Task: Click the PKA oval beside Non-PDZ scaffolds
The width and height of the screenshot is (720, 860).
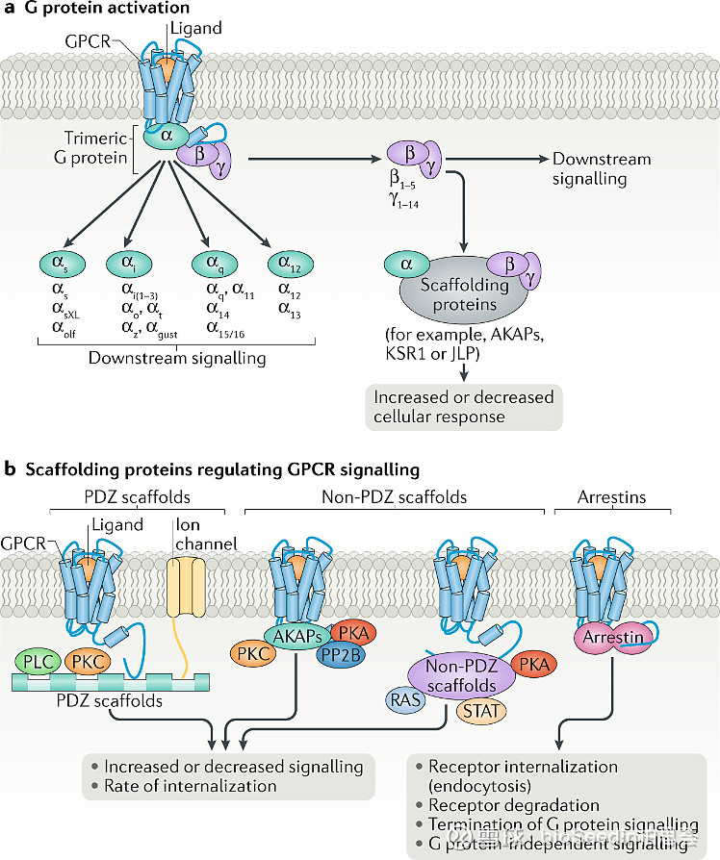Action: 539,665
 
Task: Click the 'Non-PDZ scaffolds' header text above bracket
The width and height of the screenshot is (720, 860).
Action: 393,497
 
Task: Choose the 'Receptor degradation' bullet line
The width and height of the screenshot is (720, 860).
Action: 513,804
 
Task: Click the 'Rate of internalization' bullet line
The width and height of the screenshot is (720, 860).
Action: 190,786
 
